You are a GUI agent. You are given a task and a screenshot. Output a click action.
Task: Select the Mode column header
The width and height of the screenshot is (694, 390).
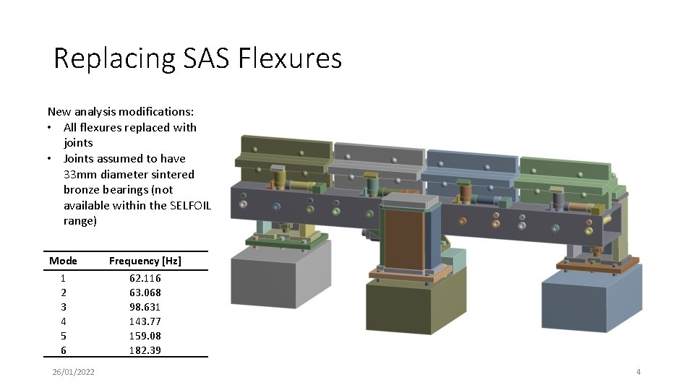(63, 261)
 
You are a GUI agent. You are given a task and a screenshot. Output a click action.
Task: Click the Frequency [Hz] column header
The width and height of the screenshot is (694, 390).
(145, 261)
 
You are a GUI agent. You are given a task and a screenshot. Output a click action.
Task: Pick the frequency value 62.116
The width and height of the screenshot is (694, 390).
(145, 278)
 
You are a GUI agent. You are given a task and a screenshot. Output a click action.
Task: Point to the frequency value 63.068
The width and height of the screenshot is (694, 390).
(145, 292)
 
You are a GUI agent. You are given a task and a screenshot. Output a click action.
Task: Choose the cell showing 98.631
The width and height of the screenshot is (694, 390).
(145, 307)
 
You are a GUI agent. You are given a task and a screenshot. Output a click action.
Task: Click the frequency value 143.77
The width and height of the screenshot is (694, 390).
(145, 321)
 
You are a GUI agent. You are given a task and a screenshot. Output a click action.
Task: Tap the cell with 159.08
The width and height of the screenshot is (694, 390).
(145, 336)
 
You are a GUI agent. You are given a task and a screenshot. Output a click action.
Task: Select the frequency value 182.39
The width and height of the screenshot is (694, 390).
(145, 350)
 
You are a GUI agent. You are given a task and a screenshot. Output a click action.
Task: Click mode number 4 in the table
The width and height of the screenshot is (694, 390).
(64, 321)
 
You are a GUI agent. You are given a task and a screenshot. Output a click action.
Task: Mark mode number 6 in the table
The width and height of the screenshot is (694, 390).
(64, 350)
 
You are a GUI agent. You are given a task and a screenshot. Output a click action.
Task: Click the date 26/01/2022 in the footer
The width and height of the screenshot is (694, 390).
(73, 372)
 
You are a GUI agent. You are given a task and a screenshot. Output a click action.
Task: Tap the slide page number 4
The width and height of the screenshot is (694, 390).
(638, 372)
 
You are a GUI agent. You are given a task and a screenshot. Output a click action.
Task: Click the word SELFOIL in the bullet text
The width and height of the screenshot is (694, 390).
(190, 205)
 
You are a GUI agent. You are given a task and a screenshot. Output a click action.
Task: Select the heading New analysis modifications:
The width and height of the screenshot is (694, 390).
(121, 112)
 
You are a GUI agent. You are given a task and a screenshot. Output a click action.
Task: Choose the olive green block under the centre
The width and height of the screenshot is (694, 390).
(405, 311)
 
